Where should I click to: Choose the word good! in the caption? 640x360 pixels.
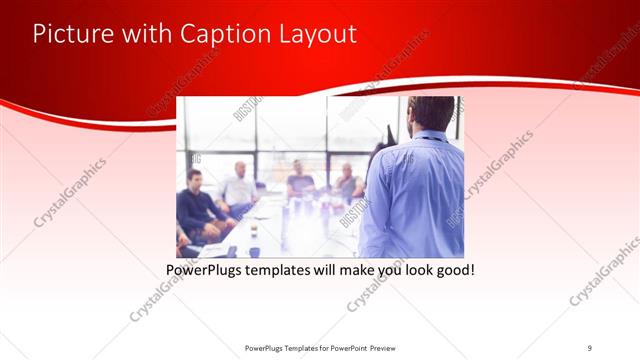[451, 270]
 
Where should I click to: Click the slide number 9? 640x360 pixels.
[589, 347]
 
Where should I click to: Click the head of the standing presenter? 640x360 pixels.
[431, 113]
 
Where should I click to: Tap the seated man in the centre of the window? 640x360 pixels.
[300, 180]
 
